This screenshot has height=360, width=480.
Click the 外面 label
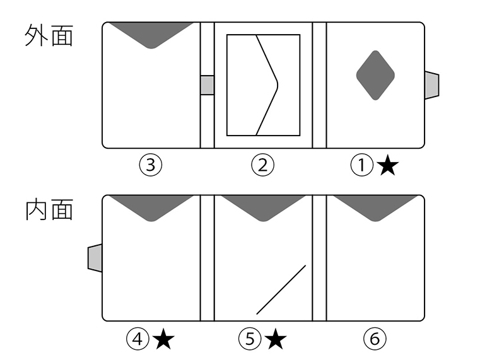(x=49, y=36)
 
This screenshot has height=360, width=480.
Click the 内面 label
(x=49, y=209)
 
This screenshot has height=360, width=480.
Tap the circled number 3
(x=151, y=165)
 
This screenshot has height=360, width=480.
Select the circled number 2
(x=262, y=165)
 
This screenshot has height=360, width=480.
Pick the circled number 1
(x=362, y=165)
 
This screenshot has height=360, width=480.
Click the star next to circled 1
(x=388, y=166)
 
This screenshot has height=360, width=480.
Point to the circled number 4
(x=138, y=339)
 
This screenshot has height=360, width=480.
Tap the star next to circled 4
(x=163, y=339)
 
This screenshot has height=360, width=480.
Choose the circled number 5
(x=250, y=339)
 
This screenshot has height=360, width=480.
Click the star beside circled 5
(x=276, y=339)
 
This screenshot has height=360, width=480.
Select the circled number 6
(x=375, y=339)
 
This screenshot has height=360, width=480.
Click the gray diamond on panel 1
(x=375, y=75)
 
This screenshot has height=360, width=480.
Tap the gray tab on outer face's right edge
(x=432, y=85)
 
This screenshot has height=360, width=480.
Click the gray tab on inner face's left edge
(x=95, y=258)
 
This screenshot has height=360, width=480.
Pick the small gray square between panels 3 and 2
(x=208, y=85)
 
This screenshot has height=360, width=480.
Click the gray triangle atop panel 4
(x=151, y=206)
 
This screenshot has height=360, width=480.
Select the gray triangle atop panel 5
(x=263, y=206)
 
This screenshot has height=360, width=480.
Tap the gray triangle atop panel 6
(x=376, y=206)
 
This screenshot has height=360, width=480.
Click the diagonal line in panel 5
(x=281, y=289)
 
